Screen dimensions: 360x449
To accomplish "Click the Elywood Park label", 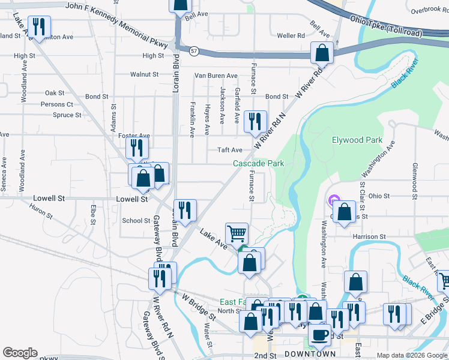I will (x=357, y=140).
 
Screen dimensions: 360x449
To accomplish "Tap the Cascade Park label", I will (x=258, y=163).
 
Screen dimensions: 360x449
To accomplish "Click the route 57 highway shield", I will (x=193, y=51).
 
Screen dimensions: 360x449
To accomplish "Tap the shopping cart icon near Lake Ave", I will (x=237, y=233).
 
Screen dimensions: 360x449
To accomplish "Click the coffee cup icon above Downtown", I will (x=319, y=334).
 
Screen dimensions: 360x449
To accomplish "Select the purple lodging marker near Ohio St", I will (x=334, y=200).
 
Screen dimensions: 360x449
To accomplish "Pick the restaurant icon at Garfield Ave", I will (x=255, y=121).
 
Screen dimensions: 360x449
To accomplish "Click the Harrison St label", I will (x=369, y=237).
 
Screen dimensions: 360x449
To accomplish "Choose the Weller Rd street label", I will (x=291, y=36).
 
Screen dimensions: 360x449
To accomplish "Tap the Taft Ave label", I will (x=229, y=150).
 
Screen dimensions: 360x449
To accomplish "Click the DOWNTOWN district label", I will (x=310, y=354).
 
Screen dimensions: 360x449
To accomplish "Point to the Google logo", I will (x=20, y=353).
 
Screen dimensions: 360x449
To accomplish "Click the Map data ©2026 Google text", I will (x=411, y=355).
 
